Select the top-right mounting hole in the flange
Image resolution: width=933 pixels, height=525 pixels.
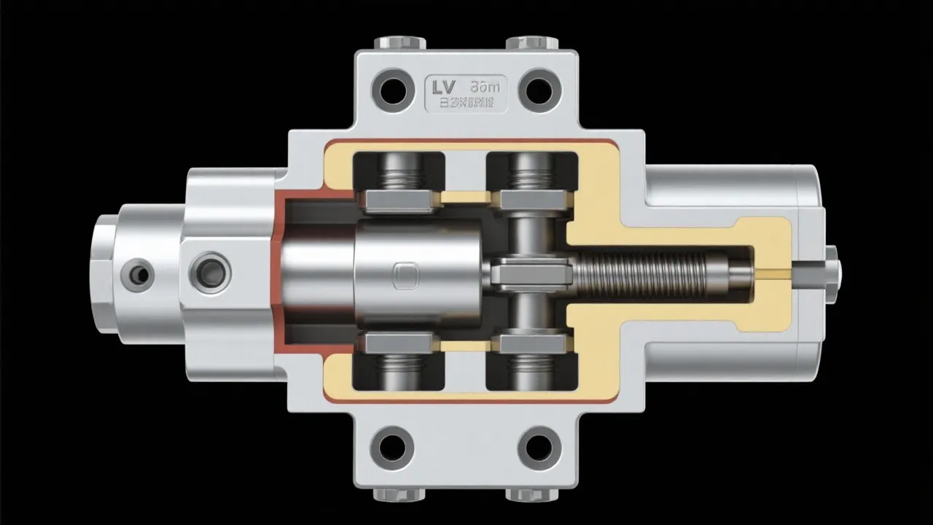click(539, 89)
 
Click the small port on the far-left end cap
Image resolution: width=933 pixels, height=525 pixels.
click(137, 274)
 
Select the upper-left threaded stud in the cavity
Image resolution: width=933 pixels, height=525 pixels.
click(398, 176)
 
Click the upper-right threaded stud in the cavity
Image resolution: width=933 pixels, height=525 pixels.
click(531, 176)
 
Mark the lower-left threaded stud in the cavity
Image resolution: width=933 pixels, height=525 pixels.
click(398, 368)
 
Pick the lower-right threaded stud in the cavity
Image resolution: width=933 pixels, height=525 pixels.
click(531, 368)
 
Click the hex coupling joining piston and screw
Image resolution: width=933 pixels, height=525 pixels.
click(531, 274)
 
